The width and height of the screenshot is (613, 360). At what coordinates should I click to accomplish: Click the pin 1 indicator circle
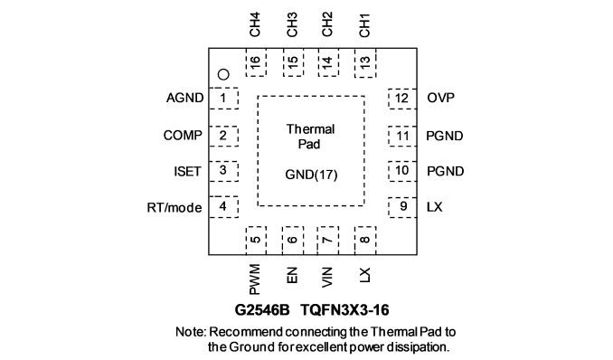(223, 74)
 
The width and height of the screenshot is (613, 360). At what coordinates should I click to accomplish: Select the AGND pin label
(185, 98)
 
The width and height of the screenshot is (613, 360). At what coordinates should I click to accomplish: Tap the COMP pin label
(183, 136)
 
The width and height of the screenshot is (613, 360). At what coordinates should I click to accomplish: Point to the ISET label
(188, 171)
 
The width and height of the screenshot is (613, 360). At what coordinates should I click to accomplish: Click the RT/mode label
(174, 207)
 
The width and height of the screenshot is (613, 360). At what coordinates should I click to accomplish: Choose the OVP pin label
(441, 98)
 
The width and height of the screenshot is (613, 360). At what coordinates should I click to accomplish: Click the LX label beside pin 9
(435, 206)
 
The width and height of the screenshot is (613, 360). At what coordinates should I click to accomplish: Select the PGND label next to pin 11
(445, 136)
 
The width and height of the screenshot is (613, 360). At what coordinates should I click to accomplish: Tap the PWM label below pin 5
(254, 279)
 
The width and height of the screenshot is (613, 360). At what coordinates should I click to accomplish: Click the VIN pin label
(327, 277)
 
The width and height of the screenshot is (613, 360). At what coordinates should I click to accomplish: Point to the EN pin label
(292, 275)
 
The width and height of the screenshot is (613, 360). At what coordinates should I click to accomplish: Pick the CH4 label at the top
(254, 24)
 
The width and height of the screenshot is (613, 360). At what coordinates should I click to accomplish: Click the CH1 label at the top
(364, 25)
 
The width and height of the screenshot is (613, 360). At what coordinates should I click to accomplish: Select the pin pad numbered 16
(256, 62)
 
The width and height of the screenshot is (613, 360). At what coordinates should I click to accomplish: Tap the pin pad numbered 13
(365, 63)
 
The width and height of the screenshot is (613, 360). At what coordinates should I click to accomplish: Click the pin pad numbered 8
(365, 241)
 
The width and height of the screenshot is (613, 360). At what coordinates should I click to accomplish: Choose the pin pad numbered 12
(402, 99)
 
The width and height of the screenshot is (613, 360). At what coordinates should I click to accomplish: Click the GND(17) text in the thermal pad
(311, 175)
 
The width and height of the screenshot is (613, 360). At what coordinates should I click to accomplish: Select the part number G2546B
(262, 310)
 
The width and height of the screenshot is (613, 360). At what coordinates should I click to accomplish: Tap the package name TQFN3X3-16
(344, 310)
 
